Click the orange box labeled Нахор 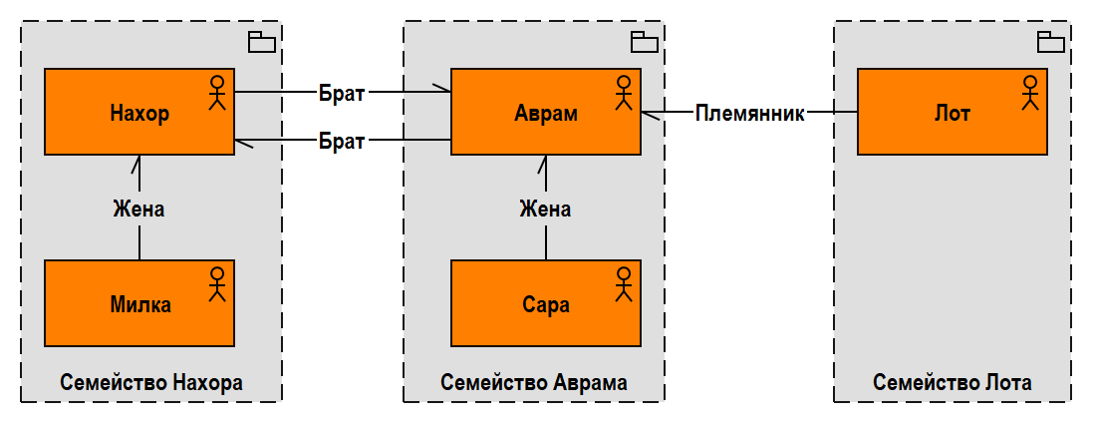138,112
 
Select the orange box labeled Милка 138,303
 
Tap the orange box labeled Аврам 545,112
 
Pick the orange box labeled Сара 545,303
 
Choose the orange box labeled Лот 952,112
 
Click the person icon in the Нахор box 217,91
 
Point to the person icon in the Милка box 217,282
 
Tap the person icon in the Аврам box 624,91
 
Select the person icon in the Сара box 624,282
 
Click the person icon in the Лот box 1030,91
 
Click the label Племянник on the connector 749,113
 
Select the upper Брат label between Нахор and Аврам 342,93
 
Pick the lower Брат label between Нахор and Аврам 342,140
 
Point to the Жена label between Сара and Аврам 545,209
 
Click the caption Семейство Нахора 151,382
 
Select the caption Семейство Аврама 534,382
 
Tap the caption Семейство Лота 953,382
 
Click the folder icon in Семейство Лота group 1051,42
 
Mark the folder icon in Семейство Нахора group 262,42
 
